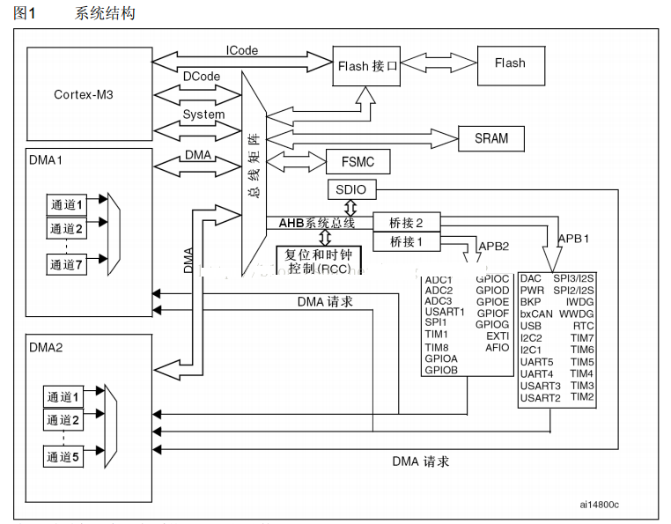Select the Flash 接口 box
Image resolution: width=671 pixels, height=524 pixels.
367,65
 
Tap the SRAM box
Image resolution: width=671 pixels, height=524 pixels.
491,138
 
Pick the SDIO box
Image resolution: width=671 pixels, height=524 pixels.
350,189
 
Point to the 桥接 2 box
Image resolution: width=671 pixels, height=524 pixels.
407,223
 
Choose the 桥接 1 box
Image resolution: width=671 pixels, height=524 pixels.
407,241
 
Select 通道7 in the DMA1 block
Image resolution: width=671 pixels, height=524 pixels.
66,264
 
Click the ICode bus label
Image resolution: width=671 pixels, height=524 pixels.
242,50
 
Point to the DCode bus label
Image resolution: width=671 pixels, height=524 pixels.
202,77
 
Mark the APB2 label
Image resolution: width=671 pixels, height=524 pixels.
493,246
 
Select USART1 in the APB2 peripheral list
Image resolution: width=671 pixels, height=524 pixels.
445,311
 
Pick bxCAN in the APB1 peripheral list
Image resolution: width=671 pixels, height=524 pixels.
536,314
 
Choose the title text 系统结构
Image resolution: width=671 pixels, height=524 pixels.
106,13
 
